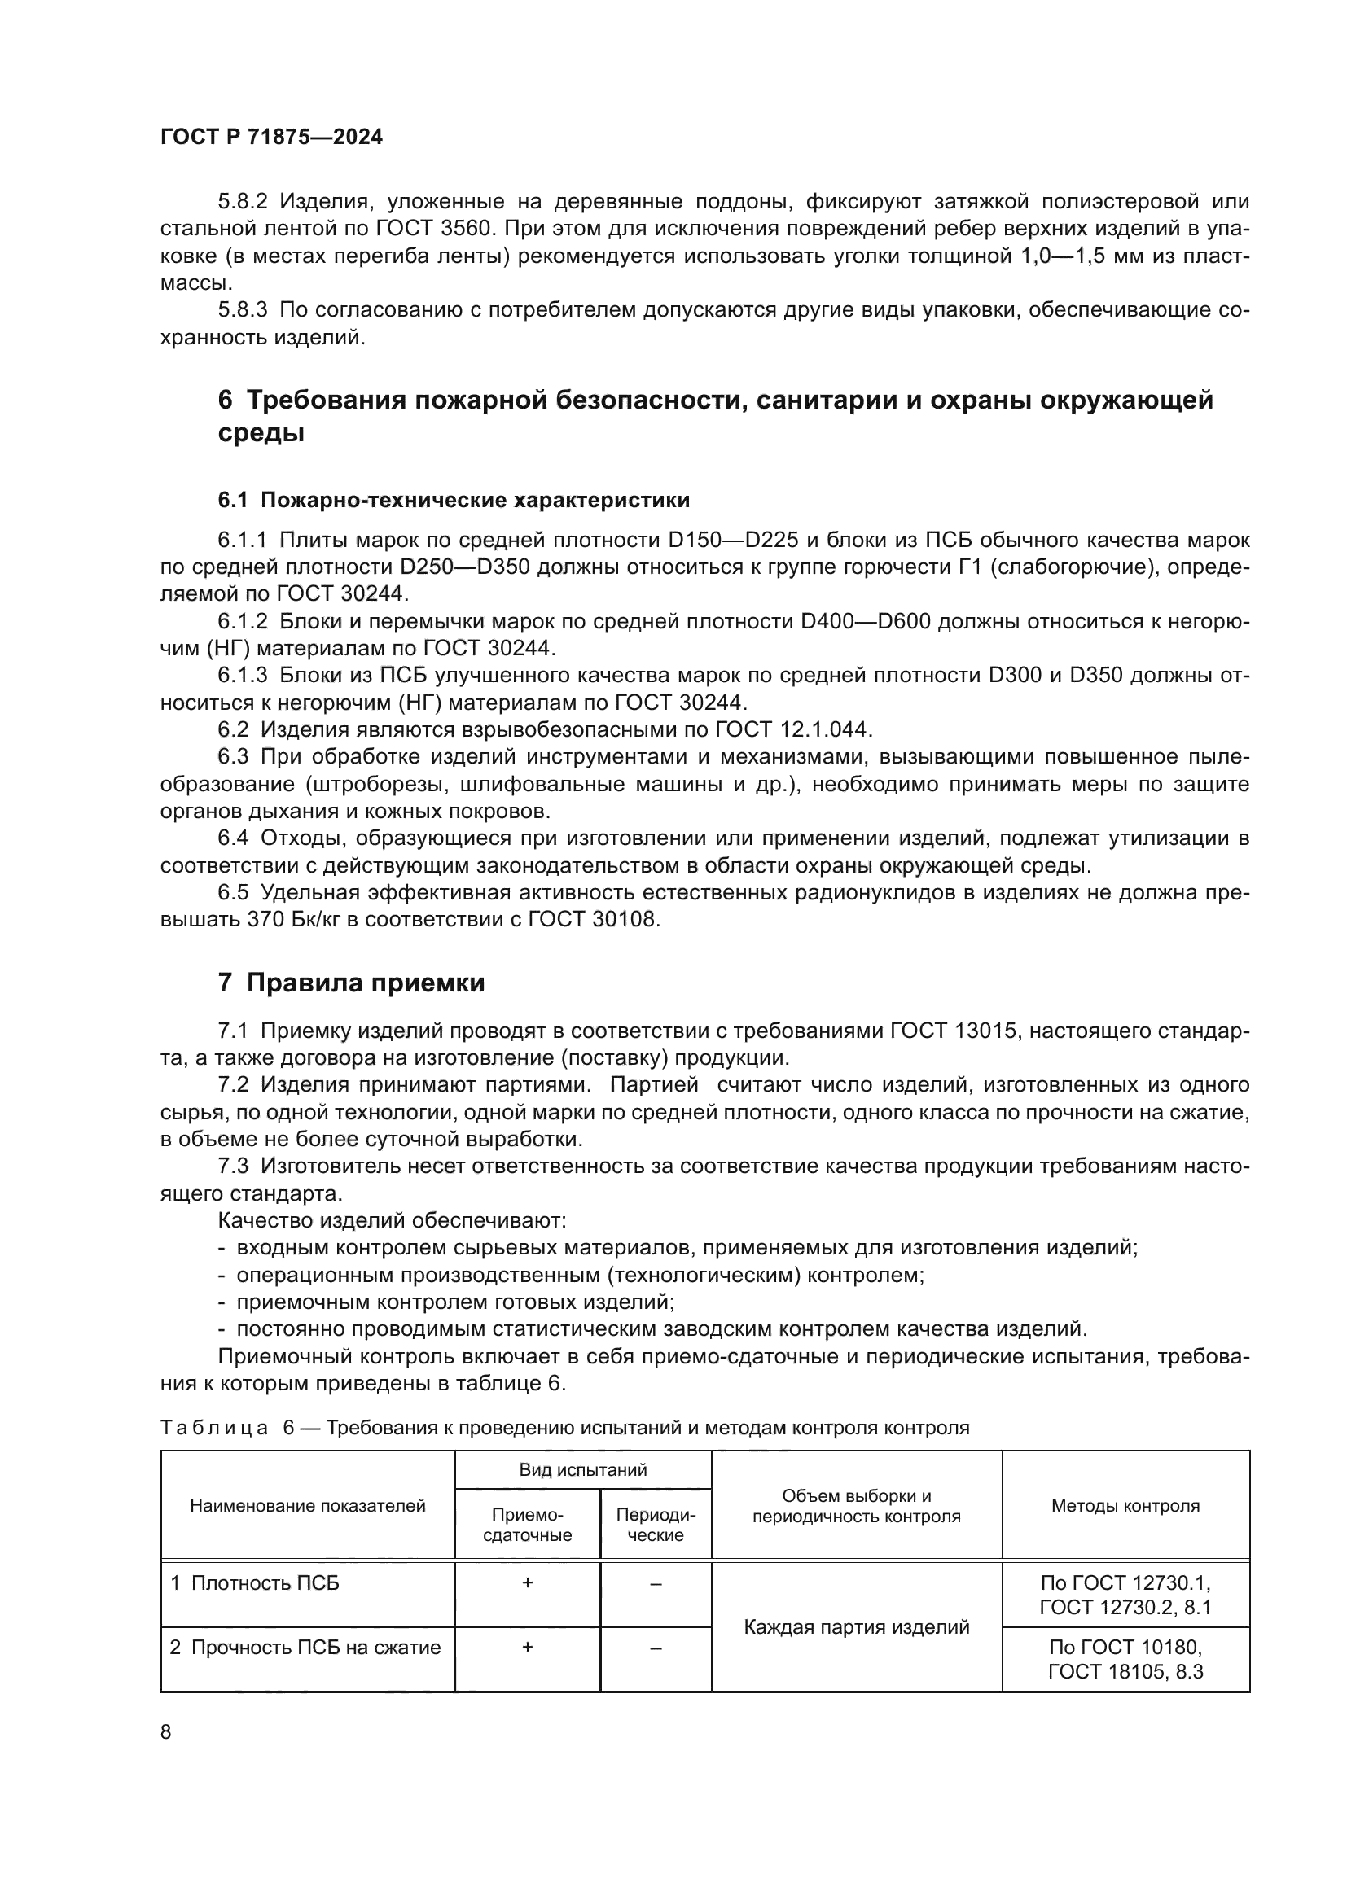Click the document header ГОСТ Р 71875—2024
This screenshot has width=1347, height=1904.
pyautogui.click(x=271, y=138)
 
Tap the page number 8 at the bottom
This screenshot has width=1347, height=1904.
pyautogui.click(x=166, y=1732)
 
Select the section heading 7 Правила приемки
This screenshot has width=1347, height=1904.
pyautogui.click(x=351, y=983)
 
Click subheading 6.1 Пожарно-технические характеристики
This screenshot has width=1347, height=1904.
pyautogui.click(x=454, y=500)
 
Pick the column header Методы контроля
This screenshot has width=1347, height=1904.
pyautogui.click(x=1125, y=1506)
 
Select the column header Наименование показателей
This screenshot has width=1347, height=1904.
pyautogui.click(x=308, y=1506)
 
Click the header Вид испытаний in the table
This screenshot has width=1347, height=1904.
pyautogui.click(x=583, y=1470)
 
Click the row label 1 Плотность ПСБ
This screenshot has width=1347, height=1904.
pyautogui.click(x=256, y=1583)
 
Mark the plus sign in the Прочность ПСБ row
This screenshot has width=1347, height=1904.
pyautogui.click(x=528, y=1647)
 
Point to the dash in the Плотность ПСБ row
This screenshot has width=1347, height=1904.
pyautogui.click(x=656, y=1584)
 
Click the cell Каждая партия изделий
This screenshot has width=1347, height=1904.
pyautogui.click(x=856, y=1627)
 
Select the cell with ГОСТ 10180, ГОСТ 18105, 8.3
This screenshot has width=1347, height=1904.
pyautogui.click(x=1125, y=1658)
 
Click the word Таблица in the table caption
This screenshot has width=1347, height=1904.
pyautogui.click(x=214, y=1428)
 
